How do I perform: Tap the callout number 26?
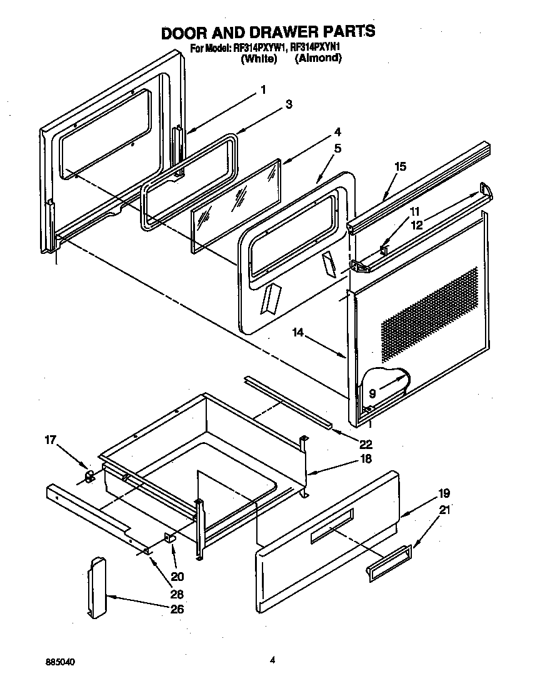(177, 608)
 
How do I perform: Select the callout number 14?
(297, 333)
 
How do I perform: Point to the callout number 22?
(366, 445)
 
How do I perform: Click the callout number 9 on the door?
(372, 395)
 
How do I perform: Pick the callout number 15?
(400, 166)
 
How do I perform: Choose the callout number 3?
(288, 104)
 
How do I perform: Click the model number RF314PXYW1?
(260, 48)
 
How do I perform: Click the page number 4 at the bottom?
(272, 658)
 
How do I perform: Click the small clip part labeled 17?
(89, 477)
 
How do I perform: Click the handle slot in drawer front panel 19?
(332, 523)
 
